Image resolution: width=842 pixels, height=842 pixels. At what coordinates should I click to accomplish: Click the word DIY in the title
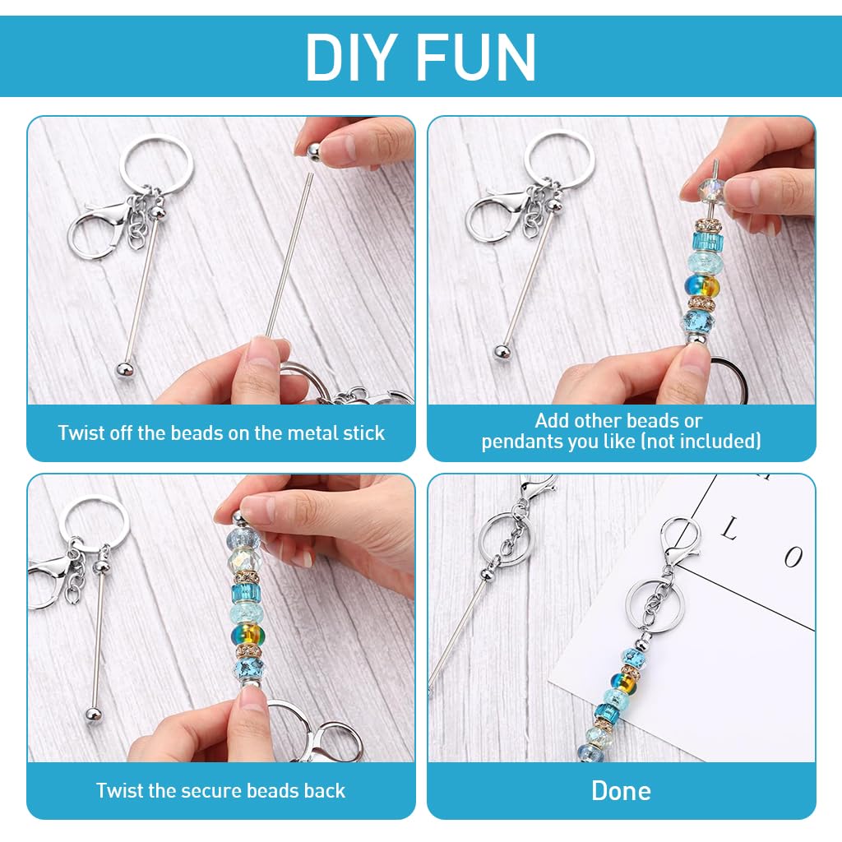352,57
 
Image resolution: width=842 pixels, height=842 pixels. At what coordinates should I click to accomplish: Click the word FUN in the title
476,57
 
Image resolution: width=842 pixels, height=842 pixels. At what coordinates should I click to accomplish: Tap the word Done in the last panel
622,791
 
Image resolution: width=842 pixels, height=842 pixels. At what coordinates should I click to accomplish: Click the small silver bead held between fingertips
313,152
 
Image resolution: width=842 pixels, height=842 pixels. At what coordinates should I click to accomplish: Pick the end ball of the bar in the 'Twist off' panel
124,370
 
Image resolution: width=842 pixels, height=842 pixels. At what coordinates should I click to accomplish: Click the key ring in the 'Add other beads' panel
558,159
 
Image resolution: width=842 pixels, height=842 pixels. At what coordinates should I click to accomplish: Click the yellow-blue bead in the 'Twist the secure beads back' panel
248,634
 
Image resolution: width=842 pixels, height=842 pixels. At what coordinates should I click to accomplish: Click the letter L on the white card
729,529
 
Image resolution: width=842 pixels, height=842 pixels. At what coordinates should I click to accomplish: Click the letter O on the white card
793,557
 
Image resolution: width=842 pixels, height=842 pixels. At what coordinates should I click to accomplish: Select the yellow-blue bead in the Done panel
625,682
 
